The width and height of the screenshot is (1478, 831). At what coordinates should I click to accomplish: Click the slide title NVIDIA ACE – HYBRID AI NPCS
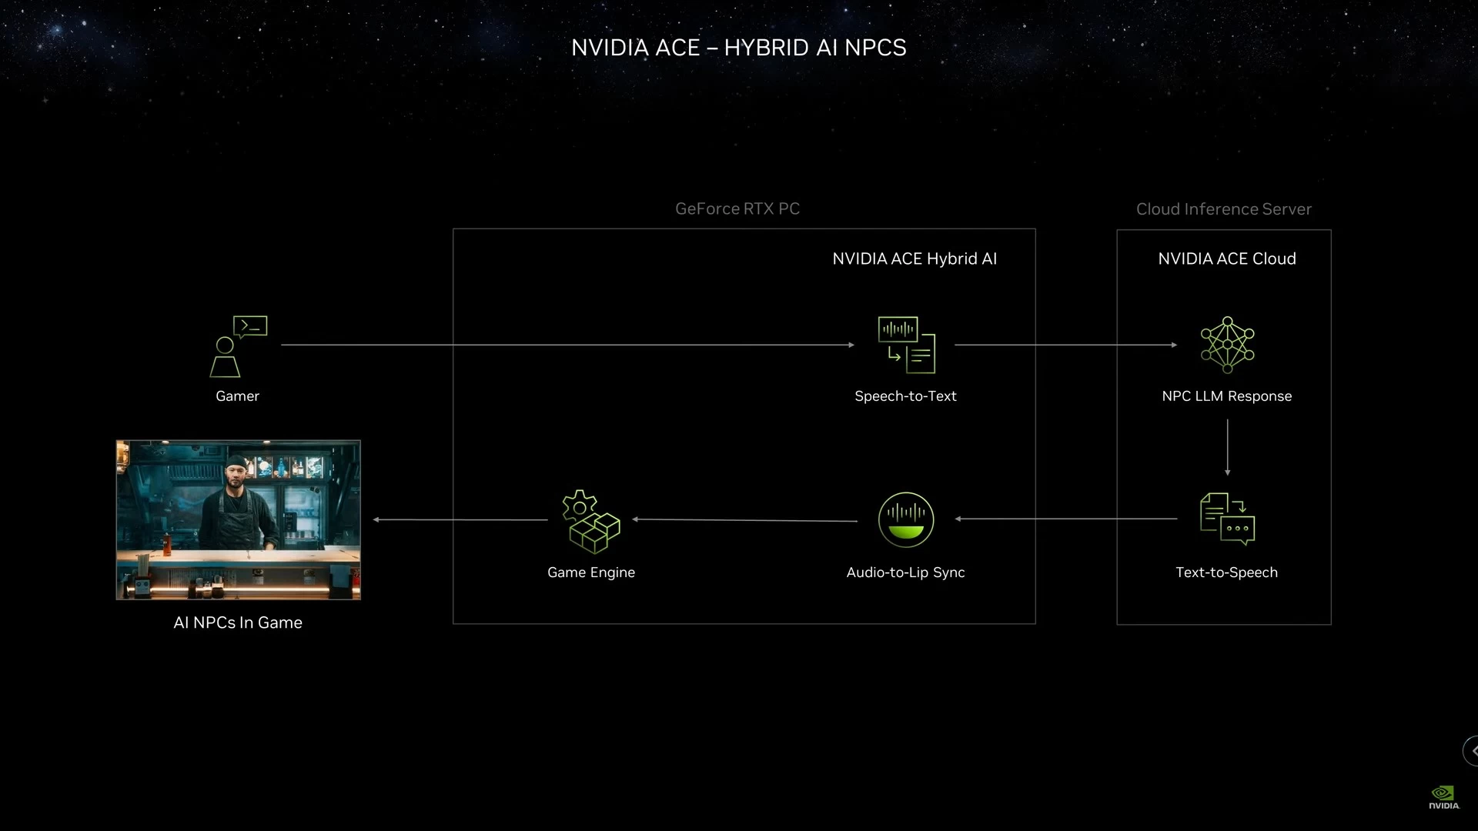click(x=739, y=48)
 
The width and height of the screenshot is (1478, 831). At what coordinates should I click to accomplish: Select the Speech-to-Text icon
click(x=907, y=345)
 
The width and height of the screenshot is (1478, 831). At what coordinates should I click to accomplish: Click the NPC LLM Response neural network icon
click(x=1227, y=345)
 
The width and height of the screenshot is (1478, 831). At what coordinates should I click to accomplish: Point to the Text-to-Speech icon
click(x=1227, y=519)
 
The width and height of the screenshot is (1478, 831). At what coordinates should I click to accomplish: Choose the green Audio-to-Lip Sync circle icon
click(x=906, y=519)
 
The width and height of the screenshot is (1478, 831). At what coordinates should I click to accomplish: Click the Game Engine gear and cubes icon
click(x=590, y=522)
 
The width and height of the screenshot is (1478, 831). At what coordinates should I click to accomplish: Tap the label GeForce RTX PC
click(x=737, y=209)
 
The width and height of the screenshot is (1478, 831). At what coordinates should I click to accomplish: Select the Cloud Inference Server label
click(x=1224, y=209)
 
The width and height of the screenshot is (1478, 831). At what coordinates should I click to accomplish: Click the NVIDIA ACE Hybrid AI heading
click(x=915, y=259)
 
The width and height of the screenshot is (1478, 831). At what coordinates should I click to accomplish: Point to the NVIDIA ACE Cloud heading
click(x=1227, y=259)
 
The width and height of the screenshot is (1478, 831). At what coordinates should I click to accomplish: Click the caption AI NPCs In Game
click(x=238, y=622)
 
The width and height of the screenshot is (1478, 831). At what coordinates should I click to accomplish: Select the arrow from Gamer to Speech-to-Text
click(x=568, y=345)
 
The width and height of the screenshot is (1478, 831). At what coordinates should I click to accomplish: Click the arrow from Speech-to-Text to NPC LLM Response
click(x=1066, y=345)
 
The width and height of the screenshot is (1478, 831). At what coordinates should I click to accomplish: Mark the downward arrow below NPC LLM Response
click(x=1228, y=447)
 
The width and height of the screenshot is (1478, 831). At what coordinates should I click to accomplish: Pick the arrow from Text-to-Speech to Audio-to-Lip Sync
click(x=1066, y=519)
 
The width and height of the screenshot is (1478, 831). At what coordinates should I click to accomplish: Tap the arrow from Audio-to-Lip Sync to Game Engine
click(x=744, y=520)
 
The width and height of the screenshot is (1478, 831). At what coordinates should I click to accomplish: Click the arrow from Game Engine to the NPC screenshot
click(x=460, y=519)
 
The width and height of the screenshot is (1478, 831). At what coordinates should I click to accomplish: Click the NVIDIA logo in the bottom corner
click(x=1443, y=797)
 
